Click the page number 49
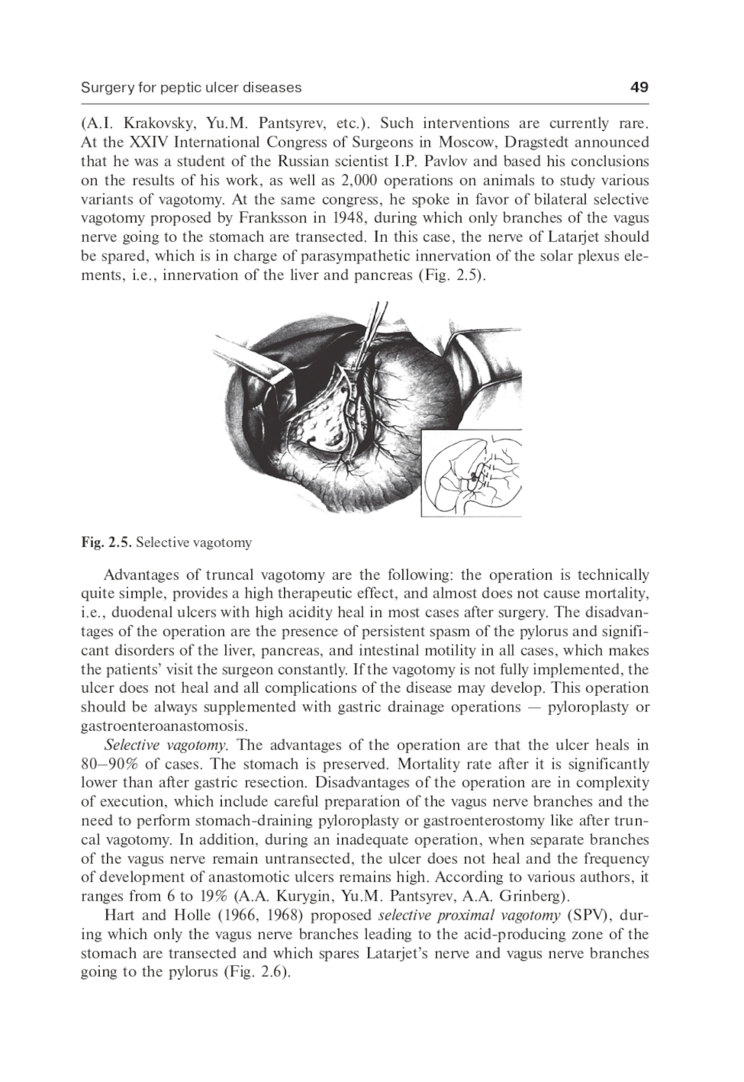pos(638,87)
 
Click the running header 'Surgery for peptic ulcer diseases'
pos(191,87)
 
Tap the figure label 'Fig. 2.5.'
pos(106,542)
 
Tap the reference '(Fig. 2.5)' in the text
pos(451,275)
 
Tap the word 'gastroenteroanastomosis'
pos(164,726)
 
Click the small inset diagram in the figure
pos(472,474)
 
